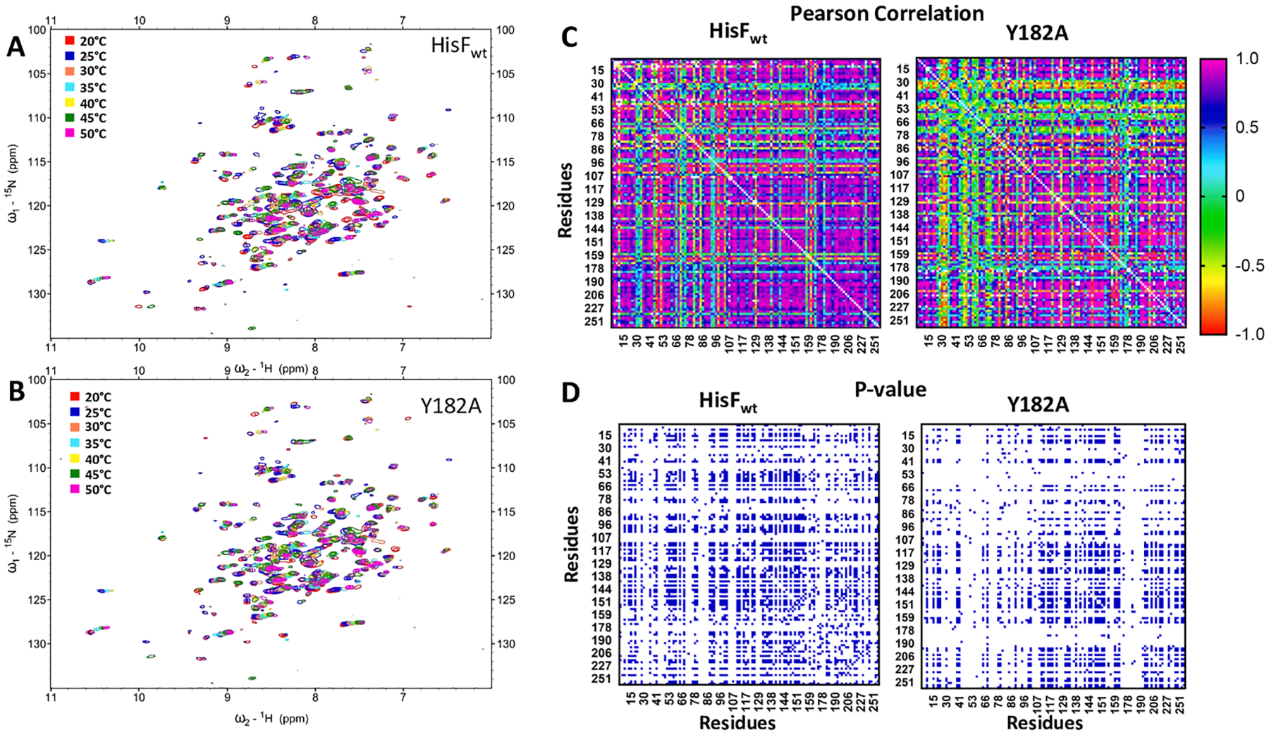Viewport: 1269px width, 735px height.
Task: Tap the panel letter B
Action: (x=16, y=392)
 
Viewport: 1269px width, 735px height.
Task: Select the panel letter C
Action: (x=569, y=36)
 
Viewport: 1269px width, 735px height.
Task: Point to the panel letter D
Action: (x=570, y=392)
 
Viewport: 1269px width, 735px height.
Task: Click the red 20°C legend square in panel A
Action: (x=69, y=41)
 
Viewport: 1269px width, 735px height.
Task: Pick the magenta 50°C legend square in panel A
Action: (x=69, y=133)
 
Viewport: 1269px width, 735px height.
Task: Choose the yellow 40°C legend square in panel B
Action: (x=73, y=459)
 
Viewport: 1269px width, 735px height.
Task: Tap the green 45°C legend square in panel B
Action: (x=73, y=474)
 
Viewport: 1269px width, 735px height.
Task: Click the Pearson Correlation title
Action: (x=886, y=13)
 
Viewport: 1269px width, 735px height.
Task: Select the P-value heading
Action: (x=890, y=389)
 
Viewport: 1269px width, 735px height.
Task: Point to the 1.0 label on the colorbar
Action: (x=1246, y=59)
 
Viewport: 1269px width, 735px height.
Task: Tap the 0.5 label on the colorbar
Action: (x=1246, y=127)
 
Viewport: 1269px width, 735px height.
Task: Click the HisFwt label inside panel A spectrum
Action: (x=458, y=47)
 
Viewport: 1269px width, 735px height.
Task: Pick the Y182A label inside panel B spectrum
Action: (x=450, y=406)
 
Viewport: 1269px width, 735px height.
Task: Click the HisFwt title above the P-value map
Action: (x=728, y=401)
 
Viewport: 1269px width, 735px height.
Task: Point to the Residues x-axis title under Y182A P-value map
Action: (x=1044, y=723)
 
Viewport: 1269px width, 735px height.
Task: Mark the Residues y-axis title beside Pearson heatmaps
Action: (x=565, y=200)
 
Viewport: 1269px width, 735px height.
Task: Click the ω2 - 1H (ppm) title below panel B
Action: (x=271, y=719)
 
